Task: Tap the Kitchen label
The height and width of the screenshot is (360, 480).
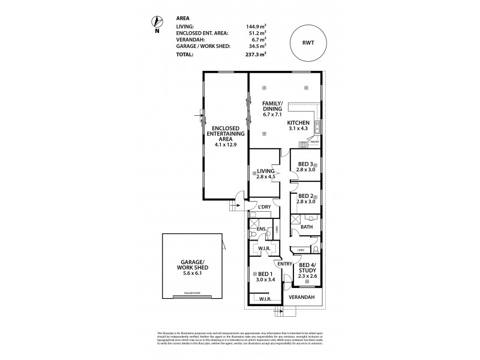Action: pyautogui.click(x=298, y=122)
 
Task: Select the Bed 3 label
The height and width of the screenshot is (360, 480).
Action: pyautogui.click(x=306, y=164)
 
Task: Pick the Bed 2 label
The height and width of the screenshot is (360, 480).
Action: pyautogui.click(x=306, y=196)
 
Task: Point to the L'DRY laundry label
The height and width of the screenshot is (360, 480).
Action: pyautogui.click(x=265, y=207)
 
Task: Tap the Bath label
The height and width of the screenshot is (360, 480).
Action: pyautogui.click(x=307, y=227)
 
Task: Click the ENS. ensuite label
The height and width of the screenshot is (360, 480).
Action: pyautogui.click(x=261, y=229)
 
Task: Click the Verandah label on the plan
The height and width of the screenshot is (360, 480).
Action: pyautogui.click(x=303, y=297)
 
